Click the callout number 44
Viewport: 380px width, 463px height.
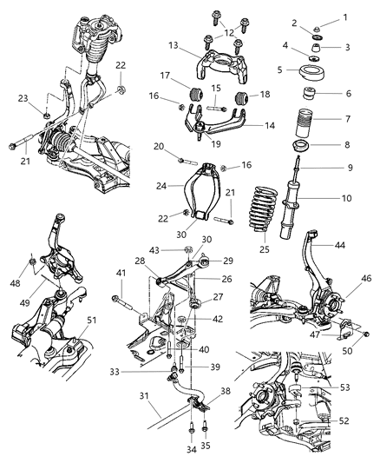pos(346,247)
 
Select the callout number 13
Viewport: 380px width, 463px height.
pos(174,45)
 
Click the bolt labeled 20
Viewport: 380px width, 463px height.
pos(187,160)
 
